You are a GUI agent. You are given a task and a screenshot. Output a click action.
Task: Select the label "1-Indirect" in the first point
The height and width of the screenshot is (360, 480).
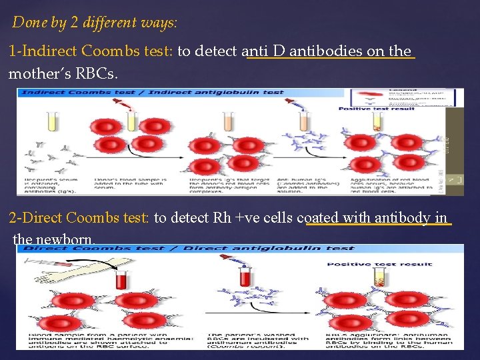tap(44, 51)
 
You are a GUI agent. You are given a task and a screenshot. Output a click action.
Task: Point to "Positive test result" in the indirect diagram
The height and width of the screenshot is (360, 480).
tap(377, 109)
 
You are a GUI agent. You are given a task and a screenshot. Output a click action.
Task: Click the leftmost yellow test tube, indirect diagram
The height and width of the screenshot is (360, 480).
tap(51, 122)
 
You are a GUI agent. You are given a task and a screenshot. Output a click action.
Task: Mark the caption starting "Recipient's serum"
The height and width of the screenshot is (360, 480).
tap(50, 185)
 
